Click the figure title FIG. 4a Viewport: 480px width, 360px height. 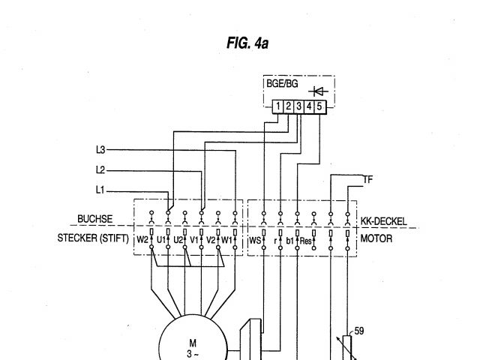(247, 43)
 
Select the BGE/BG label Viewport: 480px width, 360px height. (282, 84)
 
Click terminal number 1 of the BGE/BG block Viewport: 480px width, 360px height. (277, 107)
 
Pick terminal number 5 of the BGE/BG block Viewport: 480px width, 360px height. (319, 107)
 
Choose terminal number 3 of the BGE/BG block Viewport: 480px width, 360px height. (298, 107)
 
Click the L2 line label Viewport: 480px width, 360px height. (100, 169)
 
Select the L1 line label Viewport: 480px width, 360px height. (100, 189)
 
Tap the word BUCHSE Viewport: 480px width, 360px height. (95, 220)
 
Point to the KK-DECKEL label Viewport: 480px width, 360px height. (383, 221)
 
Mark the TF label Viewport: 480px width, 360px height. (367, 180)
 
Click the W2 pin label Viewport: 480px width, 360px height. (142, 240)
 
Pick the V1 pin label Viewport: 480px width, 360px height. (193, 240)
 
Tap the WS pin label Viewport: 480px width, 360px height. (255, 240)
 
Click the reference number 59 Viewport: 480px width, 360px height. (360, 330)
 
